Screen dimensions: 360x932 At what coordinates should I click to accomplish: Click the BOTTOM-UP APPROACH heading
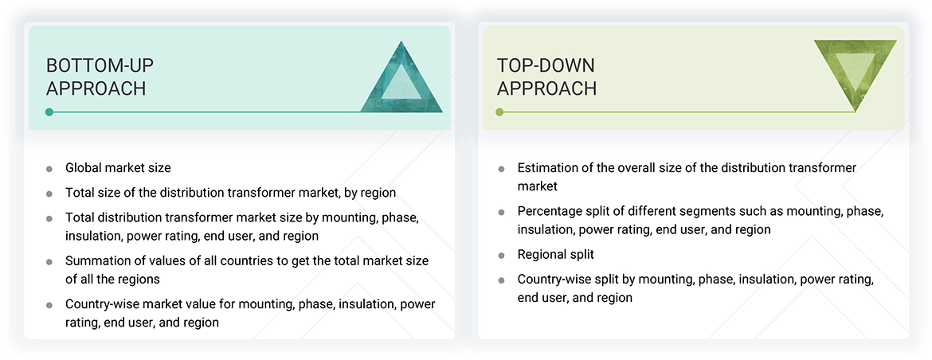click(x=96, y=76)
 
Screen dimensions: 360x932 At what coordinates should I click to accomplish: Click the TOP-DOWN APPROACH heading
click(x=546, y=76)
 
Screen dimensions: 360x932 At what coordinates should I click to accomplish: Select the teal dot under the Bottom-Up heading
click(x=49, y=112)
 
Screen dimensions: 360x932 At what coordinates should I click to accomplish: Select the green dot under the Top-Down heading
click(x=499, y=112)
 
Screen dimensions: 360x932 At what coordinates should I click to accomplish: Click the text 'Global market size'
click(x=118, y=168)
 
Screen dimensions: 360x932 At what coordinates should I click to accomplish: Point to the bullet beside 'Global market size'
click(x=49, y=169)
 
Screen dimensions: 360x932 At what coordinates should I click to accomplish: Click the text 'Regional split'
click(x=555, y=254)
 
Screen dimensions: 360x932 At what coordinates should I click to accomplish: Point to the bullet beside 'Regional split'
click(x=501, y=255)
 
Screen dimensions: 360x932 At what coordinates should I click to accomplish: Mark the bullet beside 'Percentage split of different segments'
click(x=501, y=213)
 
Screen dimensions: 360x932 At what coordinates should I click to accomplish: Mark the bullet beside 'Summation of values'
click(x=49, y=262)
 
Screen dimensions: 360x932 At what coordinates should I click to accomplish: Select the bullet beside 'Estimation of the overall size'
click(x=501, y=169)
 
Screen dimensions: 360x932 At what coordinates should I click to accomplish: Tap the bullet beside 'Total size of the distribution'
click(x=49, y=194)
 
